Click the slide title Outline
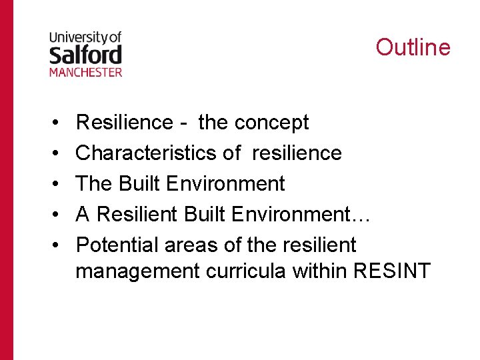413,47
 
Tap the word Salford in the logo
85,54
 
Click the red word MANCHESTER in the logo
85,71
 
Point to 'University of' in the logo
85,38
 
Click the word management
137,273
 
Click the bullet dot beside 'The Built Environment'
52,185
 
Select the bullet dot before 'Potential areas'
52,246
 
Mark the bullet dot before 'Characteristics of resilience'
52,154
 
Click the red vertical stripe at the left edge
6,180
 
